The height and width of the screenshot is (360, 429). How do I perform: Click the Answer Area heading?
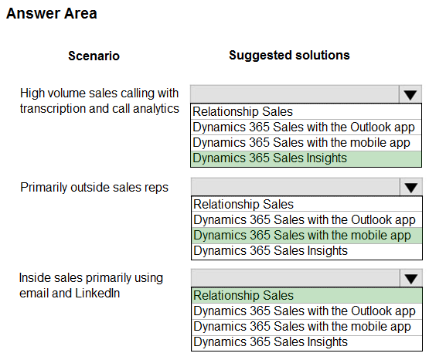pos(52,14)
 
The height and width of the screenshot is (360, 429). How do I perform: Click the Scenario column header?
pos(94,56)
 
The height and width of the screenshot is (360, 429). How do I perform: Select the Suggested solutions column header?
pos(289,55)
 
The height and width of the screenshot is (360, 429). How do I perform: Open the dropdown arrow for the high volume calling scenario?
pos(410,94)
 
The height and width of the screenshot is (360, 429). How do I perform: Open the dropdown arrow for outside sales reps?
pos(410,187)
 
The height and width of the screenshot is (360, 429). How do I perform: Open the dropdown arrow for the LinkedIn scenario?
pos(410,278)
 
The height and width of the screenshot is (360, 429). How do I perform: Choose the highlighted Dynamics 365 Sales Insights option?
pos(306,158)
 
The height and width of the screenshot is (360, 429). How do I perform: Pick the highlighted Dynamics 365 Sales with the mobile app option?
pos(306,236)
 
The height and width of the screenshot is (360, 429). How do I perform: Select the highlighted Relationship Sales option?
pos(306,295)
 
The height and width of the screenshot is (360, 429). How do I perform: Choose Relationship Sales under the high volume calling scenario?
pos(306,111)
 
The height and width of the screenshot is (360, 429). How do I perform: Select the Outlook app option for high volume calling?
pos(306,127)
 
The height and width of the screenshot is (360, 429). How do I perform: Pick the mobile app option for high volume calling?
pos(306,143)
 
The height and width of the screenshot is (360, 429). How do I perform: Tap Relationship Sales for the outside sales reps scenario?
pos(306,204)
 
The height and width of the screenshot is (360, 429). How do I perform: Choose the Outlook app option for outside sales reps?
pos(306,219)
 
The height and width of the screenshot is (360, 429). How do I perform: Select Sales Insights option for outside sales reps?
pos(306,251)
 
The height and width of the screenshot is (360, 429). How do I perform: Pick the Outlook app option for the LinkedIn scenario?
pos(306,311)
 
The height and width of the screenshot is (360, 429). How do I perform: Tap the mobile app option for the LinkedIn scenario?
pos(306,327)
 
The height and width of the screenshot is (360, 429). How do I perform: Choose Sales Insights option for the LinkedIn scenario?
pos(306,342)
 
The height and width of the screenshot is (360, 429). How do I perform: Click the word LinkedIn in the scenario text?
pos(97,293)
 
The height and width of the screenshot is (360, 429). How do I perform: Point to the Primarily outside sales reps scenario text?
pos(94,188)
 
